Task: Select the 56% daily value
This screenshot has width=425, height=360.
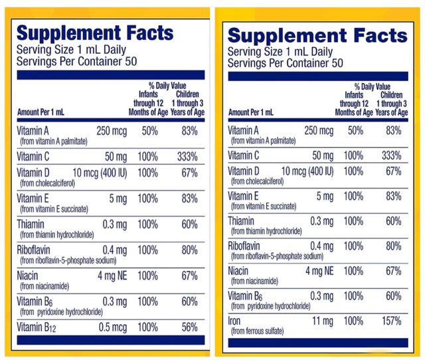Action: pos(189,327)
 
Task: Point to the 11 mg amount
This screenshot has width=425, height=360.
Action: pos(319,321)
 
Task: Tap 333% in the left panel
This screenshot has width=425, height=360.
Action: pos(189,156)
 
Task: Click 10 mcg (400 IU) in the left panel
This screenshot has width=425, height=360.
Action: pos(94,173)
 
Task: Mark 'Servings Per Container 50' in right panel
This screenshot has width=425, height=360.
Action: pos(286,64)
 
